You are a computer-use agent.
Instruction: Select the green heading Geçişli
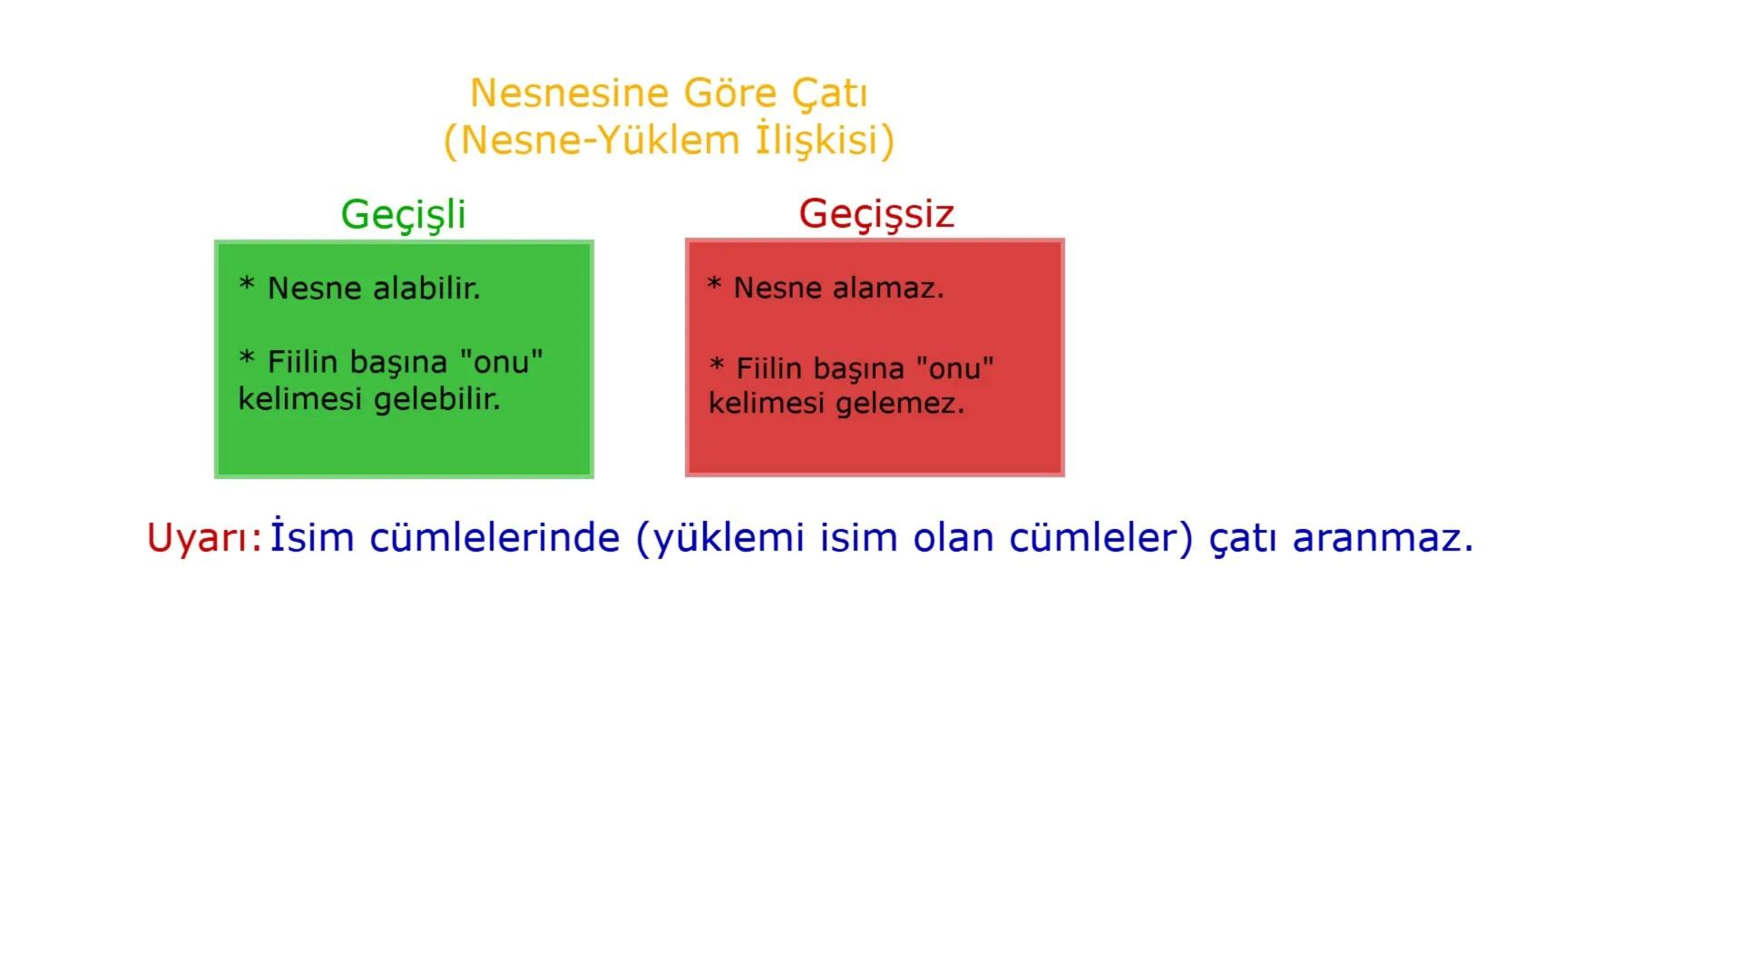[403, 215]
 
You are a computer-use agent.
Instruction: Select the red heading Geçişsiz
[876, 214]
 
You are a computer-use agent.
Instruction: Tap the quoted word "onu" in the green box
[501, 362]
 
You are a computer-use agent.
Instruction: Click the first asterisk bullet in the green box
[247, 286]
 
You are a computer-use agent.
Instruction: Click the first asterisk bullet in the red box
[714, 285]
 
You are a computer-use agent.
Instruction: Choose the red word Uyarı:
[204, 538]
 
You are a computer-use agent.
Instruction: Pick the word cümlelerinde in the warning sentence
[494, 537]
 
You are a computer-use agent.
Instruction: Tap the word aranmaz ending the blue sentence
[1381, 537]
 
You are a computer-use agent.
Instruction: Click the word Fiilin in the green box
[302, 362]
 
